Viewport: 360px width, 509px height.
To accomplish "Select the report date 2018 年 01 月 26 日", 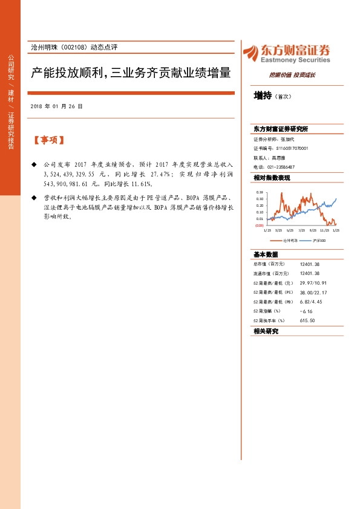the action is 56,106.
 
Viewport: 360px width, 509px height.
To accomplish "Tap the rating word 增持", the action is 263,96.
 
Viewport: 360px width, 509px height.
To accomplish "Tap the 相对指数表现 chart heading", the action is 272,178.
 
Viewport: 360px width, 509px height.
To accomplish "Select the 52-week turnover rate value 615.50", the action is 307,320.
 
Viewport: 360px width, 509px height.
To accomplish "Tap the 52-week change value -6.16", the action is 307,310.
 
